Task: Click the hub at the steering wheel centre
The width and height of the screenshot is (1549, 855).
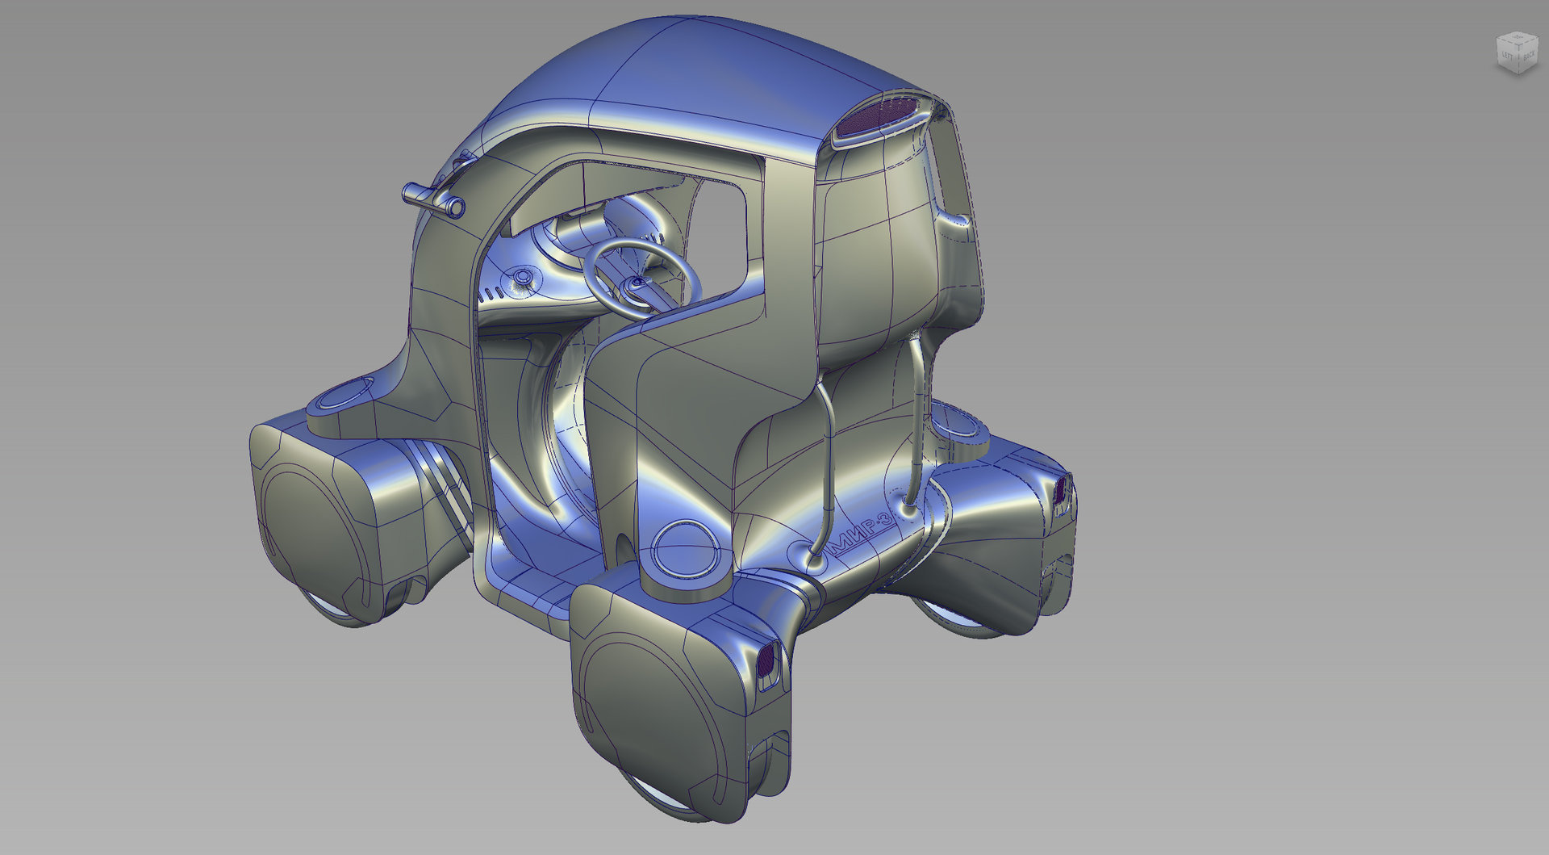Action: [637, 283]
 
